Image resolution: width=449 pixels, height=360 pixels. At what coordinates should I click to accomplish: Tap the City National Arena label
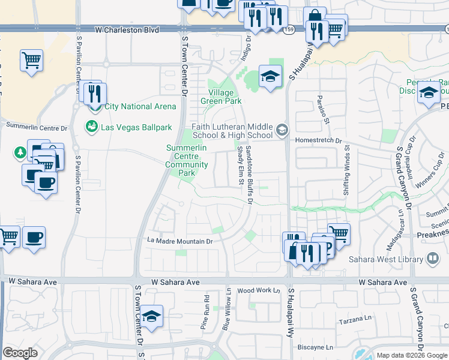(140, 107)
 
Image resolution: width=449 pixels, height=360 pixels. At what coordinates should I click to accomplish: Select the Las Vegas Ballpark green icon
(92, 127)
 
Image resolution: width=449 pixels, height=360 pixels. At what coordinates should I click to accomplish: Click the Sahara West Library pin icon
(432, 259)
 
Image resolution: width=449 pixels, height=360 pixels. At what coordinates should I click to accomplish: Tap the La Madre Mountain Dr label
(181, 241)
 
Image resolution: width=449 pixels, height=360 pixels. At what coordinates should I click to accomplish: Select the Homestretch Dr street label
(318, 141)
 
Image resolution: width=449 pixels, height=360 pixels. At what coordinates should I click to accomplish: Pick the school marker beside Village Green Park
(270, 76)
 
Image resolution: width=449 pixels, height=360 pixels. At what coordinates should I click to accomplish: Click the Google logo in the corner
(20, 353)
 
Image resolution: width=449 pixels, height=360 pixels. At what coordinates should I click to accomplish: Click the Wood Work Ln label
(259, 290)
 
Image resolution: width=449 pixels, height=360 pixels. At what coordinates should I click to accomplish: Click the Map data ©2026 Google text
(411, 355)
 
